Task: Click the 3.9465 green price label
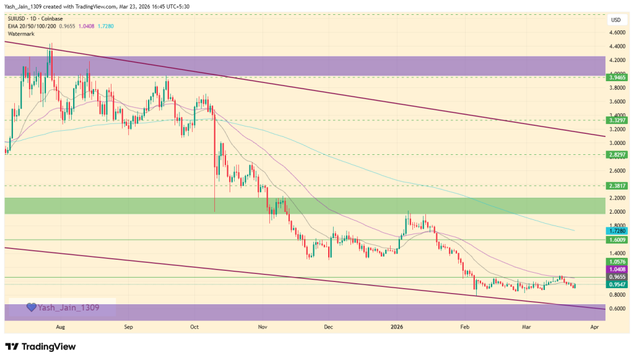click(616, 77)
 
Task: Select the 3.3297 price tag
click(616, 120)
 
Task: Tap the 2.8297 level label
click(616, 154)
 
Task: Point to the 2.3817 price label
click(616, 185)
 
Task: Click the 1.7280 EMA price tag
click(616, 230)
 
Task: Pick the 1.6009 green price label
click(616, 239)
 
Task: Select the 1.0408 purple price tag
click(616, 270)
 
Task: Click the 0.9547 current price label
click(616, 284)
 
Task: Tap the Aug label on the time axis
click(60, 325)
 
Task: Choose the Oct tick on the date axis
click(194, 325)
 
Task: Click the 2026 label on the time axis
click(397, 325)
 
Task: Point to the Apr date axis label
click(595, 325)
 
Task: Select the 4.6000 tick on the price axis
click(616, 33)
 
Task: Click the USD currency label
click(616, 20)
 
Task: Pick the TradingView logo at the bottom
click(40, 346)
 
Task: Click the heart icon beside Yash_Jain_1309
click(30, 307)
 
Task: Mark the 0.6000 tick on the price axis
click(616, 309)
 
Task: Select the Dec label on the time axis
click(328, 325)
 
